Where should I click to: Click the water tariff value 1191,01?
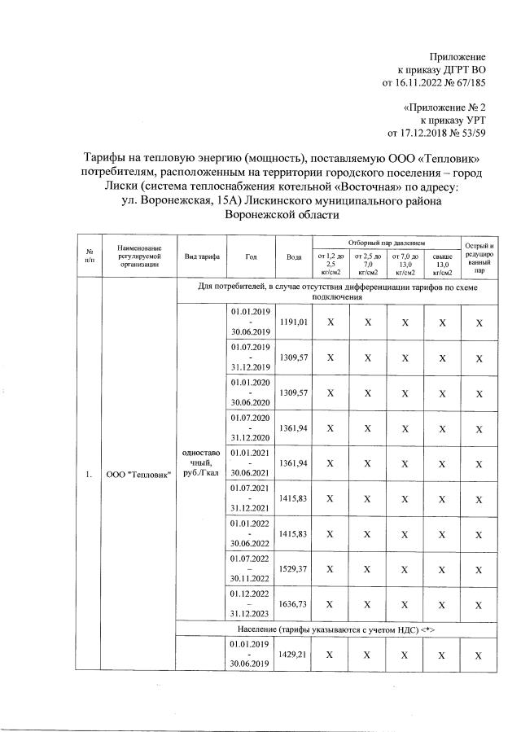click(x=293, y=323)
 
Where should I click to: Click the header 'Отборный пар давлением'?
click(x=387, y=243)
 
